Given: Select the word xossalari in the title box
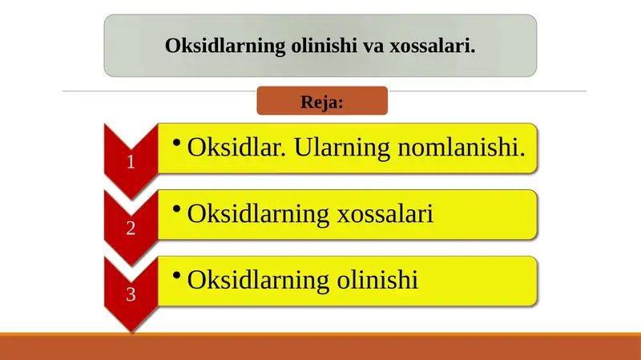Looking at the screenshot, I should tap(432, 46).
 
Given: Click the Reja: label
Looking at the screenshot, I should tap(321, 102).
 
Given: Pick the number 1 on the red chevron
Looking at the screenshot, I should tap(131, 162).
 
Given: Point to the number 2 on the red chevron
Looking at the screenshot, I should tap(131, 229).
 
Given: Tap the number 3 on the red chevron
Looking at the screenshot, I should tap(131, 295).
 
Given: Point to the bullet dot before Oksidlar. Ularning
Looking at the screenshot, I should tap(176, 142).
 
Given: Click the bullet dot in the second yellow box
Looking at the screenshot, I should tap(176, 208).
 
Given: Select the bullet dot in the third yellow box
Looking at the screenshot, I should tap(176, 275).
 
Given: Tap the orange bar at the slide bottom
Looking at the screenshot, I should tap(320, 347).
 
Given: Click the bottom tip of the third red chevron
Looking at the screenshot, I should tap(131, 330).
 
